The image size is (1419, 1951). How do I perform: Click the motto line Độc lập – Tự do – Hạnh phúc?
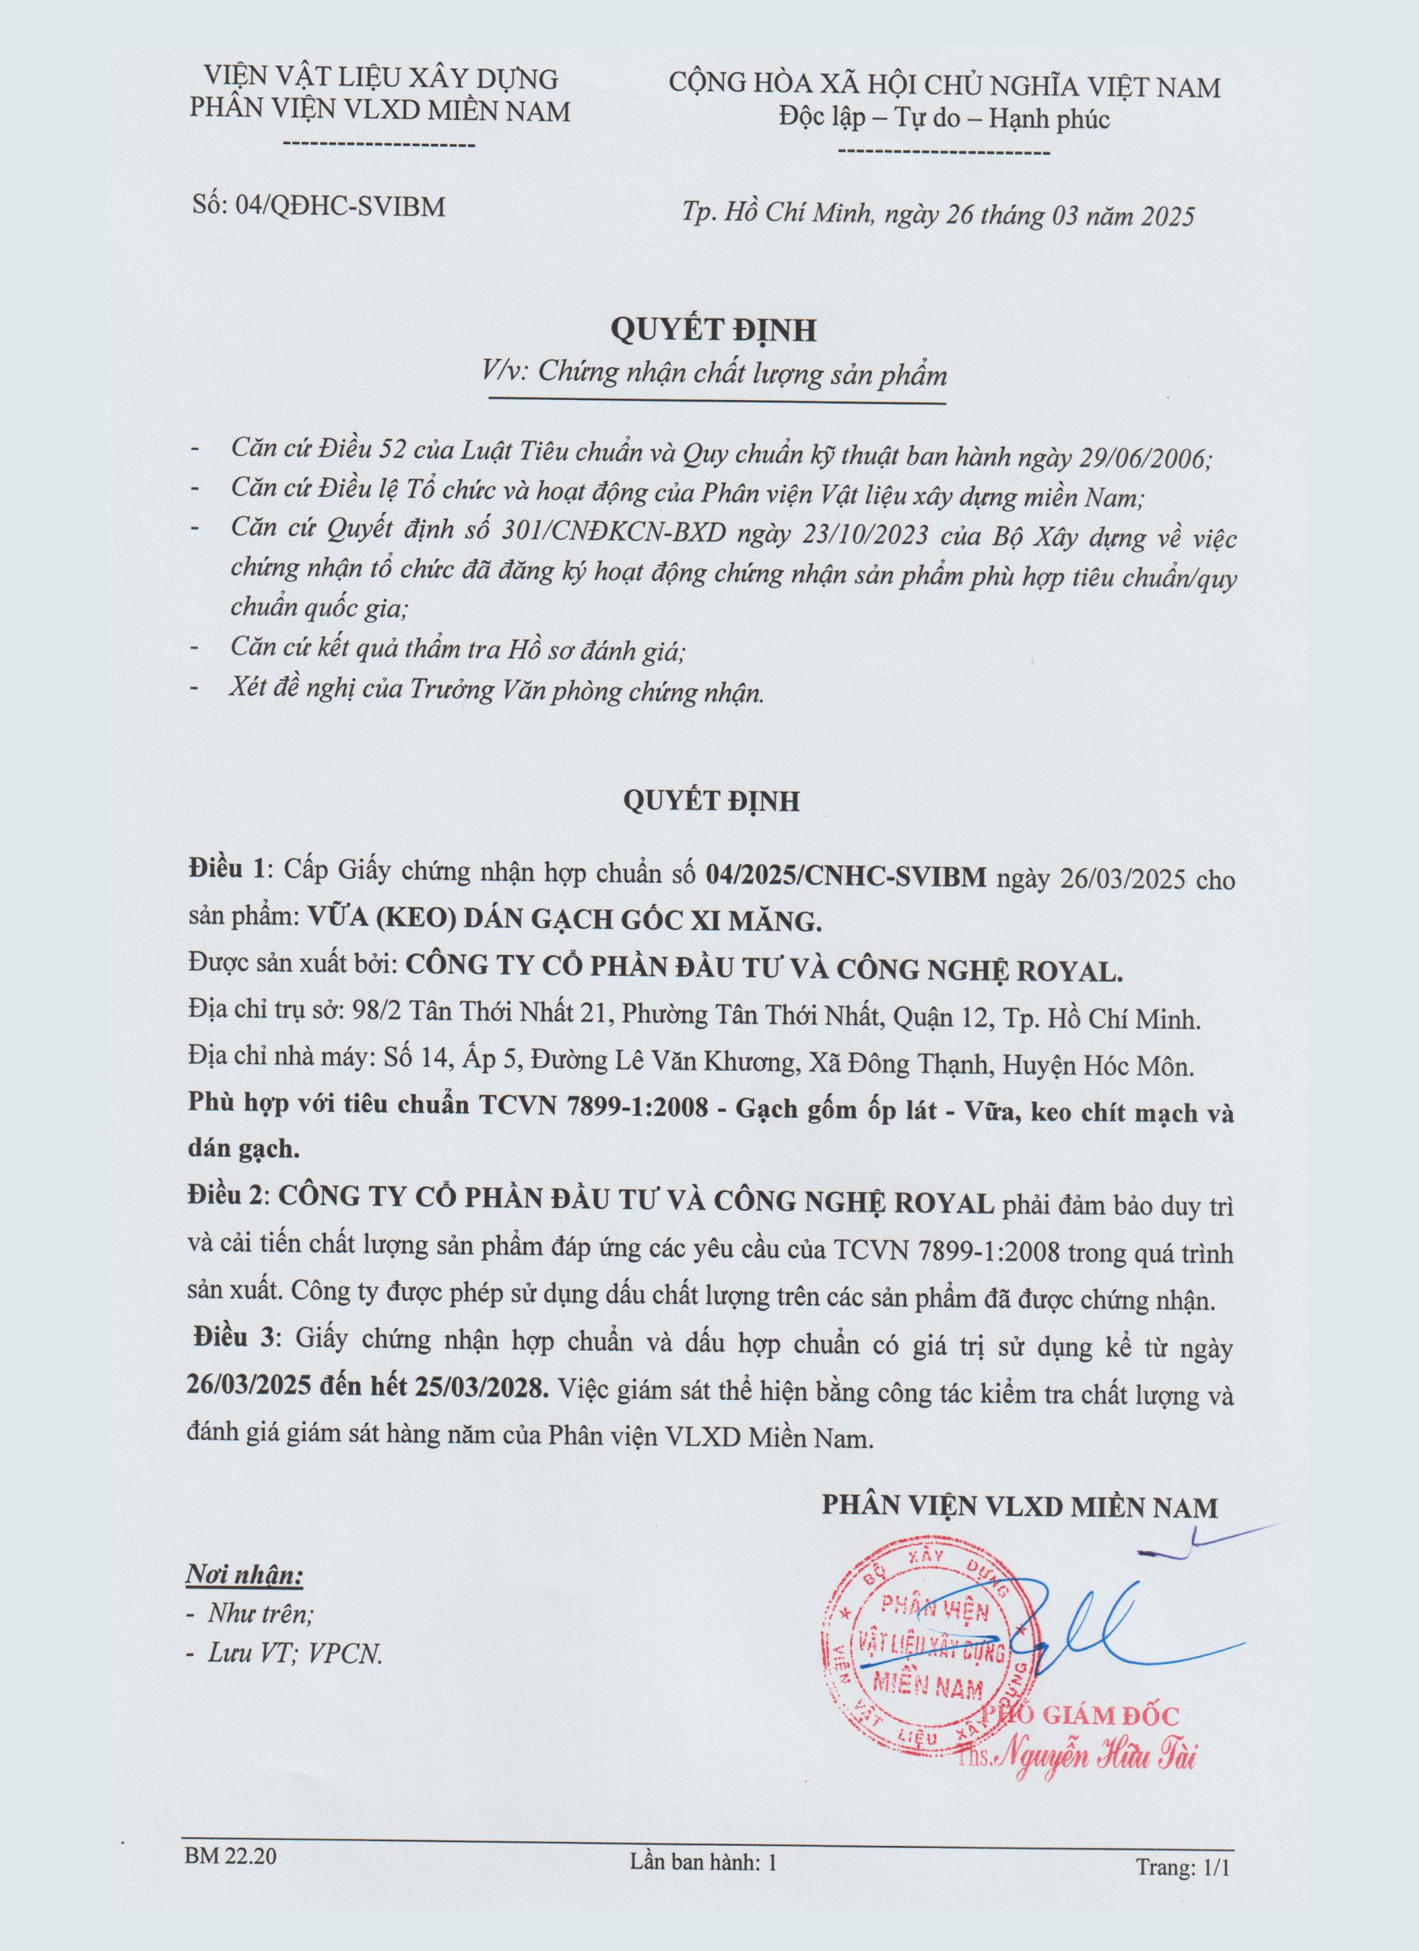pos(944,119)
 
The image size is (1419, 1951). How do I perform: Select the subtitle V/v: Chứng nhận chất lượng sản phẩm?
pos(716,375)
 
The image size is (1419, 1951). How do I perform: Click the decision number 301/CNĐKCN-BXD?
pos(612,536)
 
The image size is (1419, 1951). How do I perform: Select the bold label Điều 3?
pos(235,1338)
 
